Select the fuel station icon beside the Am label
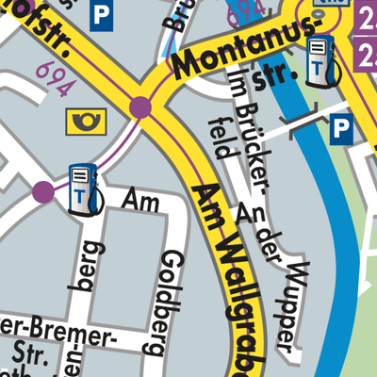[82, 188]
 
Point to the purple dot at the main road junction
[141, 107]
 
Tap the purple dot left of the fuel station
[43, 192]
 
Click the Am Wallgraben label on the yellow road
[236, 273]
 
